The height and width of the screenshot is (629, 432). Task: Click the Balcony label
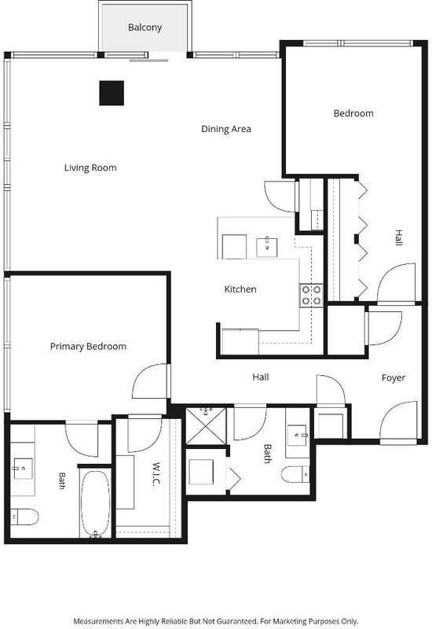pyautogui.click(x=145, y=28)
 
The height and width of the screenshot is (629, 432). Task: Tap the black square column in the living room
pyautogui.click(x=112, y=93)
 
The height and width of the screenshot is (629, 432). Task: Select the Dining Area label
pyautogui.click(x=226, y=129)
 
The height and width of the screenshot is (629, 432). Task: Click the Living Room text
pyautogui.click(x=90, y=167)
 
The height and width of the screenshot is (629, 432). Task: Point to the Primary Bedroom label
pyautogui.click(x=88, y=346)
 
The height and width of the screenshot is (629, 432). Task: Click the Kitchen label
pyautogui.click(x=240, y=289)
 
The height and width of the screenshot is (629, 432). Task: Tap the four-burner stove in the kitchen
pyautogui.click(x=311, y=295)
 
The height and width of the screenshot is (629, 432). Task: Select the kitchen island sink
pyautogui.click(x=267, y=247)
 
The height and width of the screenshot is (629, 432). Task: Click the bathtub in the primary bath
pyautogui.click(x=95, y=504)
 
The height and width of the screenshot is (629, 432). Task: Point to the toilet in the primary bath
pyautogui.click(x=24, y=517)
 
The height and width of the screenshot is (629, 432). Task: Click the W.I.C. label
pyautogui.click(x=156, y=475)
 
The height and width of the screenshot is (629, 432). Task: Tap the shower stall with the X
pyautogui.click(x=206, y=426)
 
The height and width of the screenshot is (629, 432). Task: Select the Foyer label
pyautogui.click(x=394, y=378)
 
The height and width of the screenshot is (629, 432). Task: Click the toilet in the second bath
pyautogui.click(x=295, y=475)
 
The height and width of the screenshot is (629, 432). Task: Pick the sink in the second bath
pyautogui.click(x=297, y=436)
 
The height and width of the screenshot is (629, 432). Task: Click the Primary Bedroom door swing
pyautogui.click(x=150, y=381)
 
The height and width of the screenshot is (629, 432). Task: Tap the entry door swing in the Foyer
pyautogui.click(x=399, y=421)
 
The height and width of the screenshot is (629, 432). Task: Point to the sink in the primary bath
pyautogui.click(x=23, y=469)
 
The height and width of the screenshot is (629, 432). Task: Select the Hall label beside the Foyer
pyautogui.click(x=261, y=377)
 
